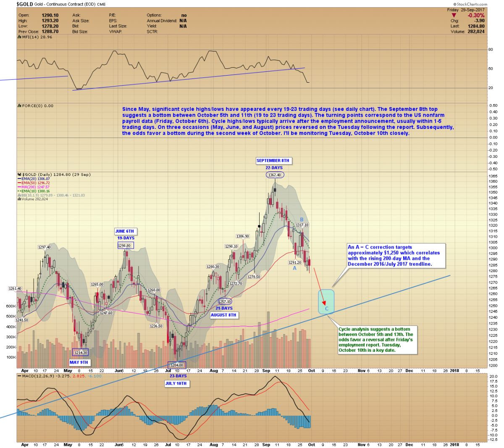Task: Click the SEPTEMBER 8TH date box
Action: click(273, 160)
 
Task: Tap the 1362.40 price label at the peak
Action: click(275, 175)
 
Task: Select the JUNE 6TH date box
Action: click(125, 231)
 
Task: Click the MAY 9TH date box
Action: click(79, 362)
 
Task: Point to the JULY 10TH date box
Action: click(176, 383)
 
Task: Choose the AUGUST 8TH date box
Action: click(223, 315)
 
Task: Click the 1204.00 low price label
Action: click(177, 365)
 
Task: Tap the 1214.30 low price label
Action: click(81, 353)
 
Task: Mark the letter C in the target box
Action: click(327, 309)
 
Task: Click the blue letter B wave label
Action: click(302, 220)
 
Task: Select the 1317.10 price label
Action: click(302, 225)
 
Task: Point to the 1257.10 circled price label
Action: click(225, 301)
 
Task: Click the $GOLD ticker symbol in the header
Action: click(25, 4)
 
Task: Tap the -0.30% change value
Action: click(476, 16)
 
